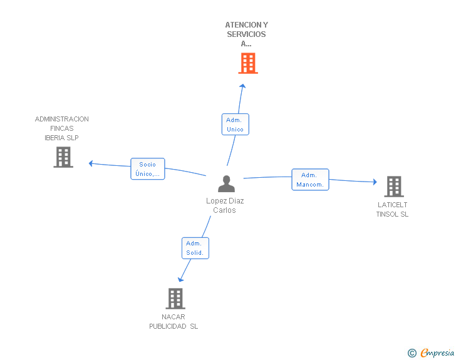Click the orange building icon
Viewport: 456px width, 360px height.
click(248, 63)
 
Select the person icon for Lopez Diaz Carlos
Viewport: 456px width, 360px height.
click(226, 184)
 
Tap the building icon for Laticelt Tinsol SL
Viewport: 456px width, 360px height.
click(394, 187)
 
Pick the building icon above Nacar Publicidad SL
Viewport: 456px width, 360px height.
click(175, 299)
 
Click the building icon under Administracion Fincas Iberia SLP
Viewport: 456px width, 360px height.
click(63, 157)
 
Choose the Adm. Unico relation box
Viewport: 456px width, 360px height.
click(236, 125)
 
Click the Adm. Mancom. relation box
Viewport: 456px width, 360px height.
click(310, 180)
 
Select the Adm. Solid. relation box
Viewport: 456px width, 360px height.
click(195, 248)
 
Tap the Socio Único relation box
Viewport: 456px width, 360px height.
click(148, 169)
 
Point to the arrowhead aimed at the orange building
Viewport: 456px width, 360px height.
click(242, 86)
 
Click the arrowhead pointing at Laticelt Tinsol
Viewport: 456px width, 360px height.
click(375, 182)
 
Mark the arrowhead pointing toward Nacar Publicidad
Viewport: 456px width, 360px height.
click(180, 279)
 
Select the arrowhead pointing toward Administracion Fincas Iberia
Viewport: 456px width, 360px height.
click(91, 163)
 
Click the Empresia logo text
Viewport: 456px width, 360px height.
click(437, 352)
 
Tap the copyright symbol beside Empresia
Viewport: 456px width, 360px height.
click(412, 353)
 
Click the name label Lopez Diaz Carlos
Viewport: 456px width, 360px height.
click(225, 205)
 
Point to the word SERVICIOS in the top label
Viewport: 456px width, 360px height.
click(246, 34)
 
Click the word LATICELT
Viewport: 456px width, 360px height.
click(392, 205)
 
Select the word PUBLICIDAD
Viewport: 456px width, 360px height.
click(168, 326)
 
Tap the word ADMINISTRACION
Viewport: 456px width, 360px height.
click(61, 119)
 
